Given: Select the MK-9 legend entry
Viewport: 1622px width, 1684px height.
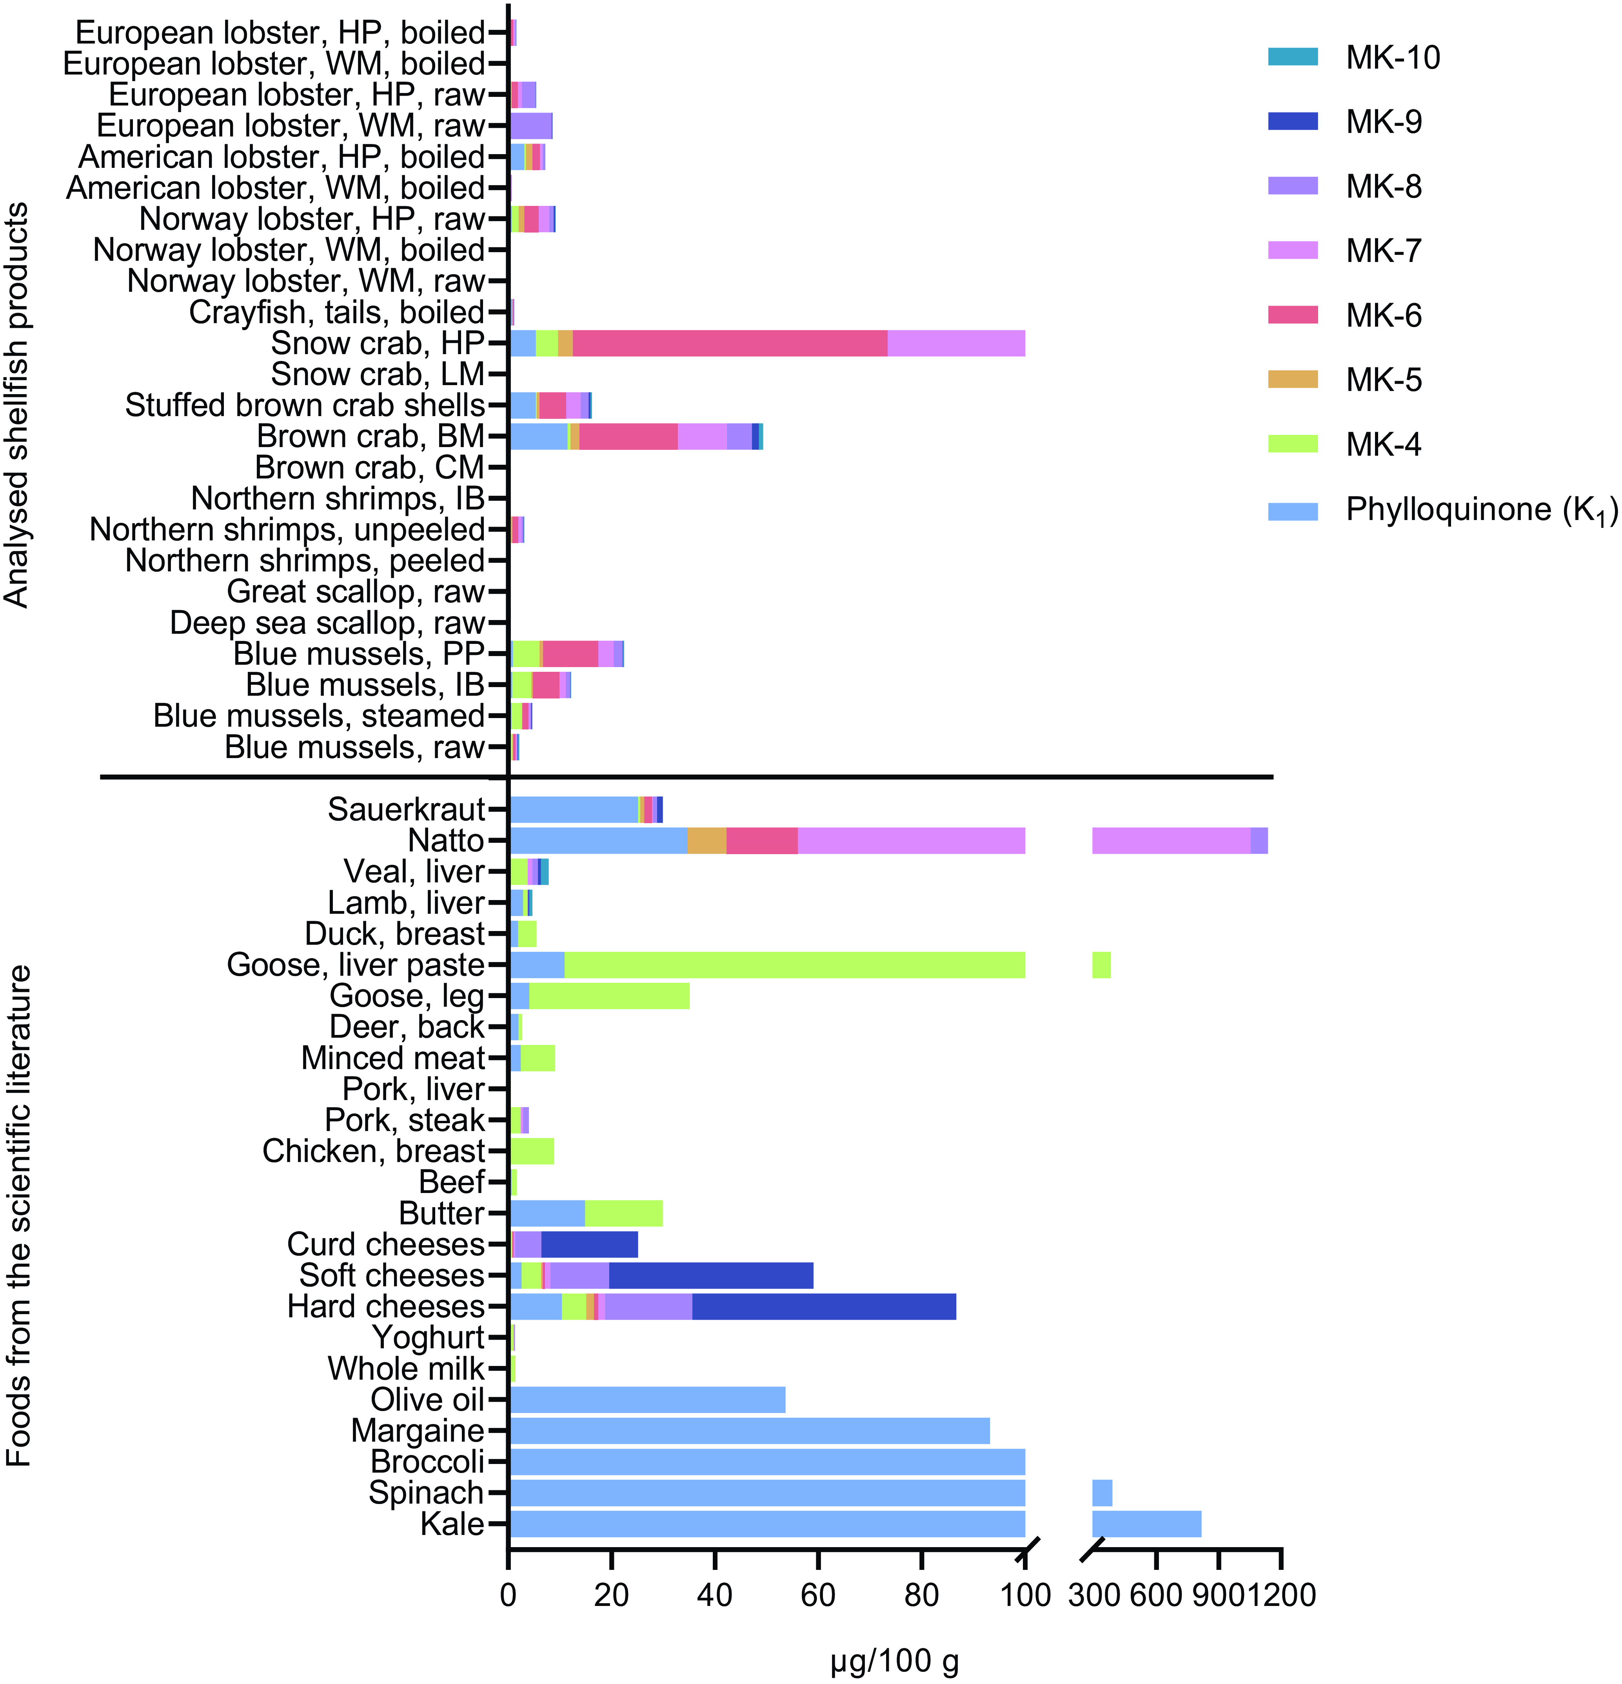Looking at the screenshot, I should [x=1383, y=122].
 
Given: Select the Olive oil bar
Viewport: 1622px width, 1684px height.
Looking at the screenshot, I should [x=647, y=1400].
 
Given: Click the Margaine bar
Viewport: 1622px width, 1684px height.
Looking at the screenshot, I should [x=749, y=1431].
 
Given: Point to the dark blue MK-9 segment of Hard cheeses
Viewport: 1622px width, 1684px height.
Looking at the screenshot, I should [x=823, y=1307].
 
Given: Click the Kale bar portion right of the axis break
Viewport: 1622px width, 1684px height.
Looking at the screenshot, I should [x=1146, y=1523].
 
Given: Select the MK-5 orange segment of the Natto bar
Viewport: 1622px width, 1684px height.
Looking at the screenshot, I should [x=706, y=840].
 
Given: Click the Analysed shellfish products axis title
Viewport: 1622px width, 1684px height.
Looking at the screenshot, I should [x=17, y=404].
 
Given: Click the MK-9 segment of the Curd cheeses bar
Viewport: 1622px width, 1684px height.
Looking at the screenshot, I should [x=589, y=1244].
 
